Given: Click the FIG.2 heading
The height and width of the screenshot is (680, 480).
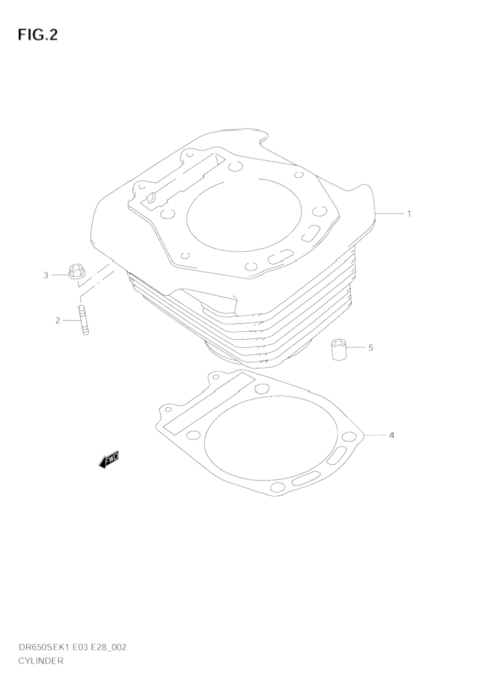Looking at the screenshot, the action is tap(38, 34).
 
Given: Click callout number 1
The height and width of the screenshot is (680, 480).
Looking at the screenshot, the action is tap(409, 214).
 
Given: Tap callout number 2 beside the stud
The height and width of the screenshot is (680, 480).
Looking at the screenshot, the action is tap(58, 321).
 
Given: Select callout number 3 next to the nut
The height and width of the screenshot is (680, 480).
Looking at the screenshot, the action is tap(46, 275).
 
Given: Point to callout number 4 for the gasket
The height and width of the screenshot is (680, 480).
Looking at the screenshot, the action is tap(392, 435).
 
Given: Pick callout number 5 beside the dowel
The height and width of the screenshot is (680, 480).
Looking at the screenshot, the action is tap(371, 347).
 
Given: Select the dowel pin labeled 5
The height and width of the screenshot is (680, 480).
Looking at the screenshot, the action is tap(339, 350).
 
